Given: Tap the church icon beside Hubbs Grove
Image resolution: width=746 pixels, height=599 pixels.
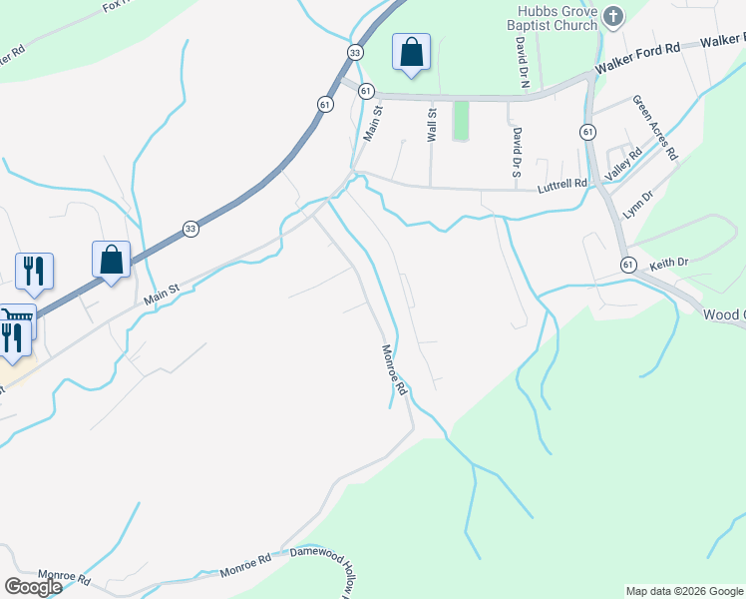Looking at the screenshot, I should coord(613,16).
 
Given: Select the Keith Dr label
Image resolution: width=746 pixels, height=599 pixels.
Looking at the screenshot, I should coord(669,264).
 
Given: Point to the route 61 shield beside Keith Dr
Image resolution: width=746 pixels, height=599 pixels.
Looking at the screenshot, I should coord(627,264).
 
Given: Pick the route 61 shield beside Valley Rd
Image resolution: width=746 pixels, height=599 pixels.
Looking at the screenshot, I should coord(587,132).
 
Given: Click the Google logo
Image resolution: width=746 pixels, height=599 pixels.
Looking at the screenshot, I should coord(33,587).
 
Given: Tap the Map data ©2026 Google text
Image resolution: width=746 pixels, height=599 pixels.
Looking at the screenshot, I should coord(684,591).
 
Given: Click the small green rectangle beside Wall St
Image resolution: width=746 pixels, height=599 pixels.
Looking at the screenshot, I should coord(460,121).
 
